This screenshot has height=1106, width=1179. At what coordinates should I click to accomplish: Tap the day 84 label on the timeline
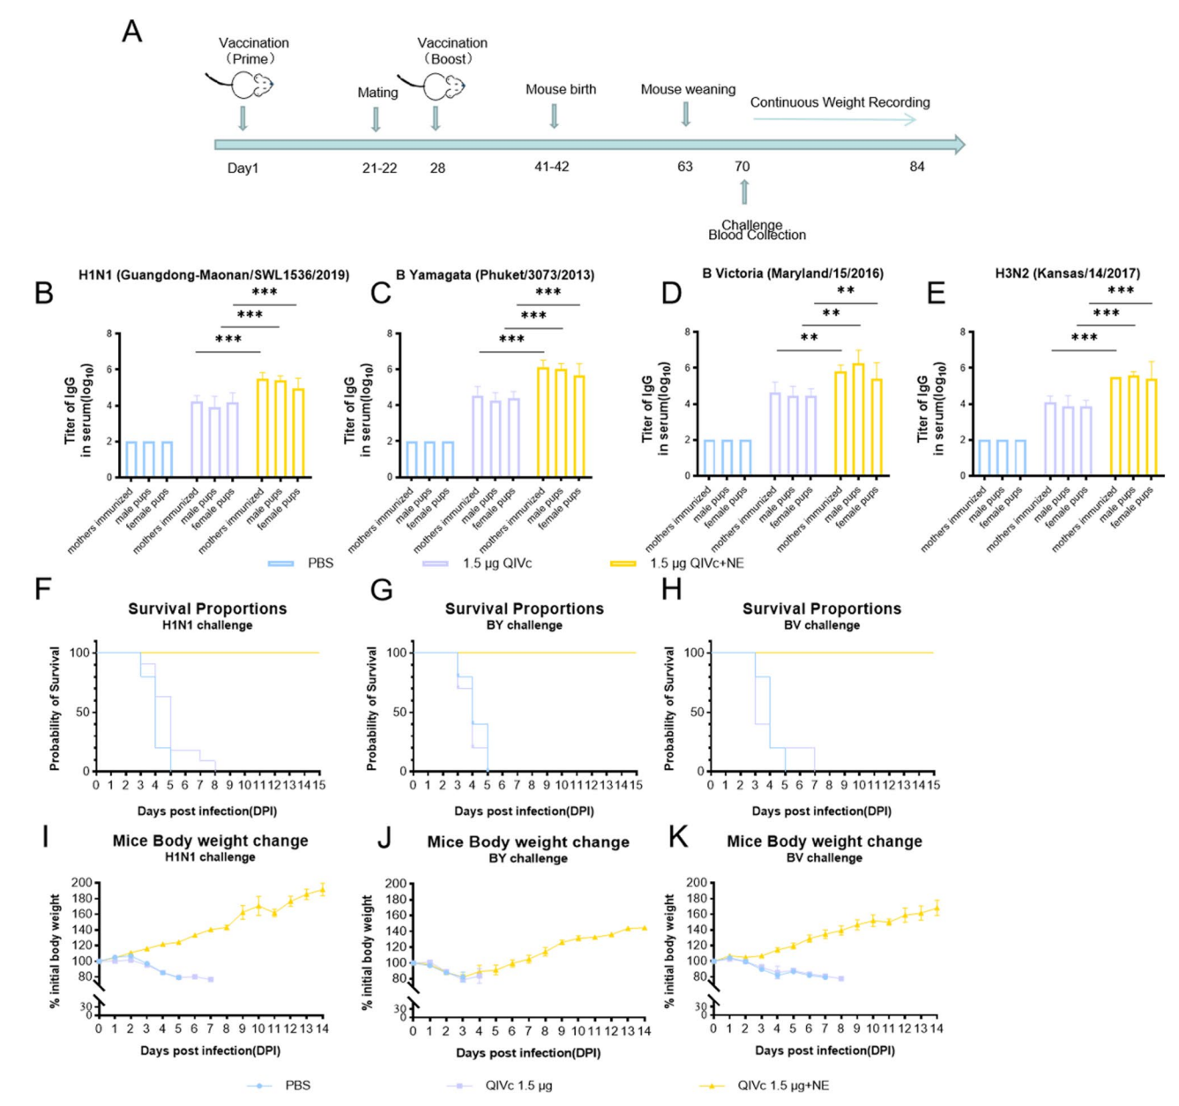pos(917,167)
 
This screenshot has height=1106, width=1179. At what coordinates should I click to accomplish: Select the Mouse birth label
pos(561,89)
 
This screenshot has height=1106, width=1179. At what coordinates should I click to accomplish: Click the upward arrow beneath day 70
pos(744,191)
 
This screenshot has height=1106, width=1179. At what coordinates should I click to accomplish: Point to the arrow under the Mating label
pos(377,118)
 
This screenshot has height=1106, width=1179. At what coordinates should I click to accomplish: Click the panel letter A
pos(132,33)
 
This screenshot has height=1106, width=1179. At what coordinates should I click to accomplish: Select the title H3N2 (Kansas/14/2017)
pos(1067,273)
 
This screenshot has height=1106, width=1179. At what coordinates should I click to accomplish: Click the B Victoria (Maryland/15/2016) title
pos(792,273)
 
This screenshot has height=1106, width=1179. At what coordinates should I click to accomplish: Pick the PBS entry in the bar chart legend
pos(301,563)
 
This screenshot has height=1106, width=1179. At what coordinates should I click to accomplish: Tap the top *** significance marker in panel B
pos(265,293)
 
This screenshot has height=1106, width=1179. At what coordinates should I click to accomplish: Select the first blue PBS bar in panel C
pos(412,459)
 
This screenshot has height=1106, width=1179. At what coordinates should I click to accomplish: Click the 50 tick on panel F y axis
pos(84,712)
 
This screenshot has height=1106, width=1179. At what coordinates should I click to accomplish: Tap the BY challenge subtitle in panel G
pos(525,625)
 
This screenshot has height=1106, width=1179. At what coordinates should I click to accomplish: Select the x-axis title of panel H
pos(822,811)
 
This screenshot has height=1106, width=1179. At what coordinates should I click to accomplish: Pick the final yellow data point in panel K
pos(936,908)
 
